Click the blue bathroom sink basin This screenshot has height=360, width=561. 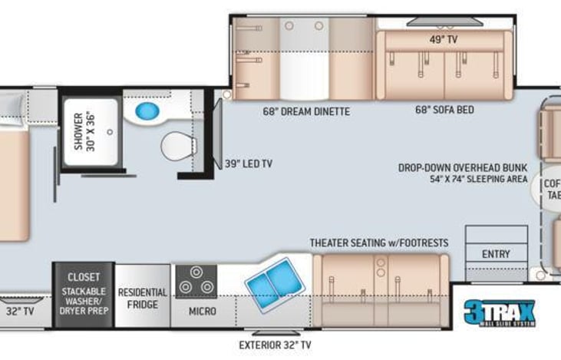tap(147, 111)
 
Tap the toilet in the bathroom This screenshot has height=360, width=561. tap(177, 145)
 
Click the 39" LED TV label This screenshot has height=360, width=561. tap(249, 163)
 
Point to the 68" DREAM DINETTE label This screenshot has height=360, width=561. tap(305, 111)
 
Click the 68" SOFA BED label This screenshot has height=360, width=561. tap(444, 110)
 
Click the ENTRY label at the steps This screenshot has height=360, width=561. tap(496, 254)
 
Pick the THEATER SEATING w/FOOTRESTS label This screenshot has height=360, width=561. tap(379, 243)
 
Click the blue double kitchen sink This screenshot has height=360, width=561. tap(273, 282)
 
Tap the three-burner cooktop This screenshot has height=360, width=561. tap(196, 282)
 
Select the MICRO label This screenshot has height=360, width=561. tap(203, 312)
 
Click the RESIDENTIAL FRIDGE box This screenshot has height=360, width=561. tap(142, 298)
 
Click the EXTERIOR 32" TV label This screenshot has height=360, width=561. tap(275, 345)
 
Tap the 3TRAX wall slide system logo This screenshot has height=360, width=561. tap(500, 313)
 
